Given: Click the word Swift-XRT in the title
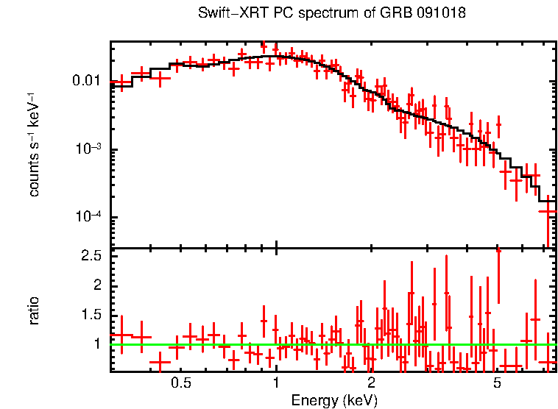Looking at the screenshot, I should [225, 14].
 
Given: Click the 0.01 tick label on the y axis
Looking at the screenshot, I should [89, 80].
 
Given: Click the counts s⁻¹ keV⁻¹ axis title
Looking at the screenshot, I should [34, 144].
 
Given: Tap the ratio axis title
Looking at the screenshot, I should [34, 310].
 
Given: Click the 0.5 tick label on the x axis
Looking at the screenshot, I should [181, 383].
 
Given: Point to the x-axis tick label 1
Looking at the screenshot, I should [275, 383].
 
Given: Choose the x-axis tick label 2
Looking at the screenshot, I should [371, 383].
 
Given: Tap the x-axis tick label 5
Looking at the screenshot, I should [497, 383].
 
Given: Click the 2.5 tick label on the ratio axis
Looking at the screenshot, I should [91, 256].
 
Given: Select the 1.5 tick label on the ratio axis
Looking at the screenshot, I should [91, 315].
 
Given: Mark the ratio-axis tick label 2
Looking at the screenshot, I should [96, 285].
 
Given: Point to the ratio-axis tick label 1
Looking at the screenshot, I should [96, 344].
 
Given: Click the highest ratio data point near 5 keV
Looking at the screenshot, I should [498, 251].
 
